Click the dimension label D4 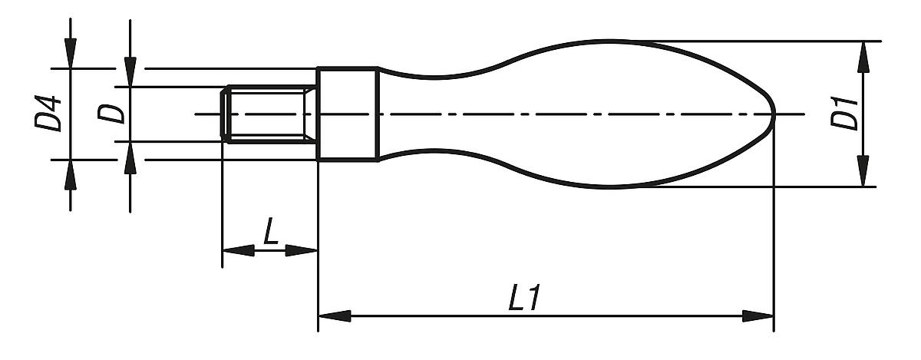pyautogui.click(x=50, y=114)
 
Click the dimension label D pyautogui.click(x=112, y=114)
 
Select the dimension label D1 pyautogui.click(x=845, y=114)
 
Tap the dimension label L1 pyautogui.click(x=527, y=299)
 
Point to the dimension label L pyautogui.click(x=269, y=233)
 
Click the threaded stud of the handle pyautogui.click(x=269, y=114)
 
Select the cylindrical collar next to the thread pyautogui.click(x=346, y=114)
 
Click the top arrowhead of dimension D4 pyautogui.click(x=71, y=53)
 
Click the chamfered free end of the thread pyautogui.click(x=226, y=114)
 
